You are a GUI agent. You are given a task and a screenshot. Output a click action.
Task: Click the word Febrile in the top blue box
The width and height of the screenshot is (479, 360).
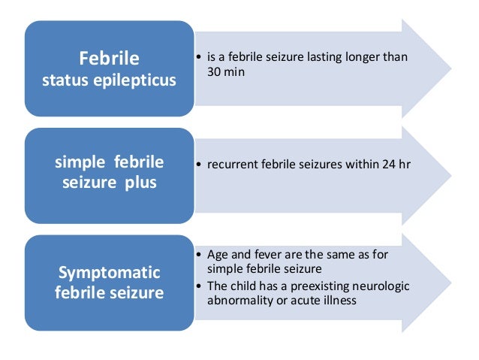pyautogui.click(x=110, y=58)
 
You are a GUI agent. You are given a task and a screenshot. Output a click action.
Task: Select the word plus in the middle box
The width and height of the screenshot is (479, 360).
pyautogui.click(x=141, y=183)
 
